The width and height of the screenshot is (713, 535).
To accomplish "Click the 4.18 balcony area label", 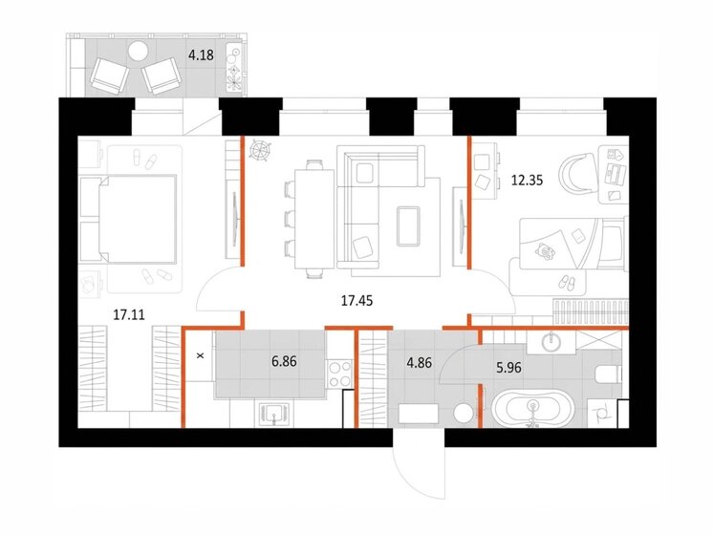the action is [201, 55].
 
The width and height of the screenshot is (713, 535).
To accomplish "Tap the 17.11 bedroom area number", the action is [129, 314].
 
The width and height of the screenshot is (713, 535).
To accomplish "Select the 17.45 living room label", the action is [356, 300].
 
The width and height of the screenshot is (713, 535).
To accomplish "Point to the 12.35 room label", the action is [527, 181].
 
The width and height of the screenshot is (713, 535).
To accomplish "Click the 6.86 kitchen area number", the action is [284, 362].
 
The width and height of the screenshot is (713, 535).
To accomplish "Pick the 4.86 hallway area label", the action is [419, 363].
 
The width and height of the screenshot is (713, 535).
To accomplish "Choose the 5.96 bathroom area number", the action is [508, 367].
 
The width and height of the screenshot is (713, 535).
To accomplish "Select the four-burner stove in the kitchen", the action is [339, 374].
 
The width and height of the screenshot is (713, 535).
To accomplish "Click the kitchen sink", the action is [274, 414].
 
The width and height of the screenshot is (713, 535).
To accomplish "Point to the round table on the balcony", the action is [138, 51].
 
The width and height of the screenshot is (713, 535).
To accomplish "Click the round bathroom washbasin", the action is [551, 340].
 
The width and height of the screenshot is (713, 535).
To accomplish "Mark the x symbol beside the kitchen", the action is [199, 356].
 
